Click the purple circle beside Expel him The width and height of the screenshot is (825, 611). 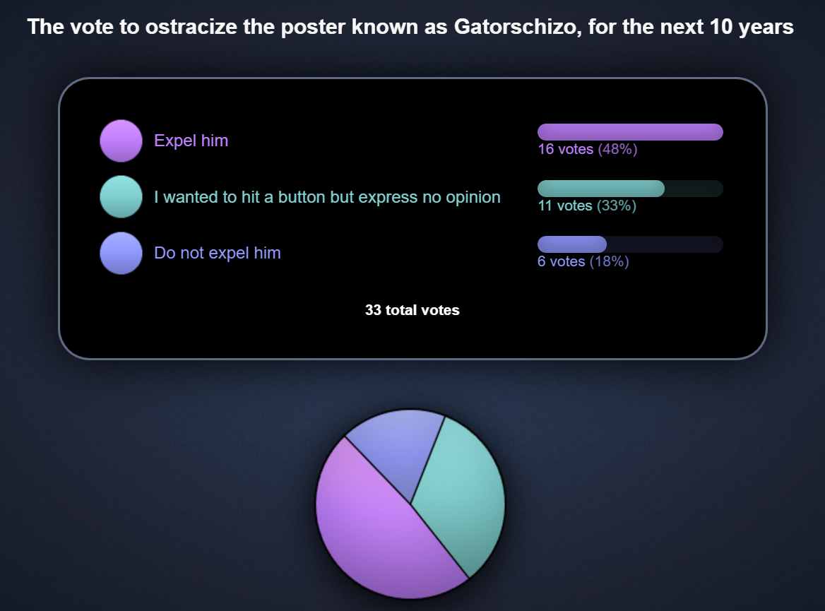tap(121, 141)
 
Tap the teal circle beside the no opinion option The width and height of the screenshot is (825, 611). tap(121, 197)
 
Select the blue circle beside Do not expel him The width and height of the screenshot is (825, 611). tap(121, 253)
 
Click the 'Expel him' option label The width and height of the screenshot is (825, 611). tap(191, 141)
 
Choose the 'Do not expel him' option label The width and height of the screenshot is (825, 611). tap(218, 253)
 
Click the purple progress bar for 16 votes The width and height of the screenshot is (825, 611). tap(630, 132)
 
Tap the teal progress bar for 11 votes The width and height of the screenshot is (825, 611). tap(601, 189)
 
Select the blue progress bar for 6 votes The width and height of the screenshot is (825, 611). tap(572, 244)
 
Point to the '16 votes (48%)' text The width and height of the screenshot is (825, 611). tap(587, 149)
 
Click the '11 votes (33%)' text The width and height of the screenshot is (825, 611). tap(587, 206)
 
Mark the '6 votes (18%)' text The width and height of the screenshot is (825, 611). tap(583, 261)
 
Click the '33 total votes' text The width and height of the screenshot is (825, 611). tap(412, 310)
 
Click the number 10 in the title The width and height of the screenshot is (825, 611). tap(720, 26)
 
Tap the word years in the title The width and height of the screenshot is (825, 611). tap(766, 28)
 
